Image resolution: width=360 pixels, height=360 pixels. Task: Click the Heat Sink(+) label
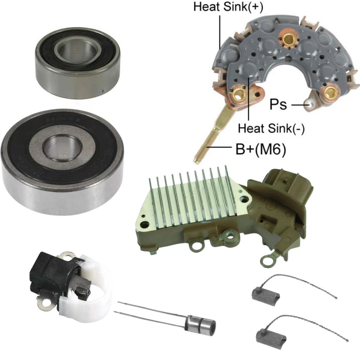click(x=228, y=7)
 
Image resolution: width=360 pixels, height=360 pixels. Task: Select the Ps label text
click(x=278, y=104)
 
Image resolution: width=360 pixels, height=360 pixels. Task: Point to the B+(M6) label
click(x=261, y=149)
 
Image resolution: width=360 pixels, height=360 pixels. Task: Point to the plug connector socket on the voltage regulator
click(x=287, y=184)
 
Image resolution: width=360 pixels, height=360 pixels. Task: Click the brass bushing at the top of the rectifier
click(x=289, y=38)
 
